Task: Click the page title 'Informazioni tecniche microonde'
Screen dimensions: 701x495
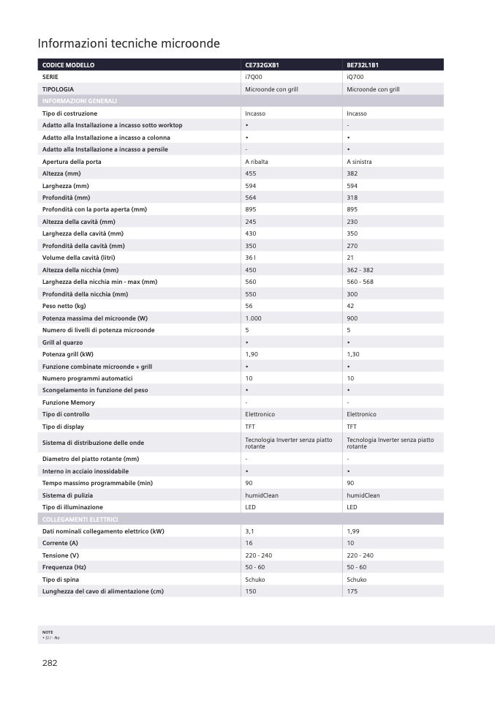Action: tap(129, 44)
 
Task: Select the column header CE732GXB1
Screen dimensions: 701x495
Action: tap(262, 65)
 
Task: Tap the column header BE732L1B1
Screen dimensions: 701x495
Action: tap(363, 65)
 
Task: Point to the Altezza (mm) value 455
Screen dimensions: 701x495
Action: tap(250, 173)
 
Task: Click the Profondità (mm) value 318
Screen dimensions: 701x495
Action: tap(352, 198)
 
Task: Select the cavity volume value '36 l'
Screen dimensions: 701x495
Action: tap(250, 258)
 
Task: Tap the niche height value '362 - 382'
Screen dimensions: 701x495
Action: tap(360, 270)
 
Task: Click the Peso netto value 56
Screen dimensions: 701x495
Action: tap(249, 306)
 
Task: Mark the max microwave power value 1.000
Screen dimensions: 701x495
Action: tap(252, 318)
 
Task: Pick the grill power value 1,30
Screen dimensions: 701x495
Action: tap(353, 354)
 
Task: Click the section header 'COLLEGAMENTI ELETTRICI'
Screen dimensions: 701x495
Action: tap(80, 519)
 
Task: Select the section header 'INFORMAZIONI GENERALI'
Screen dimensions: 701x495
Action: tap(80, 101)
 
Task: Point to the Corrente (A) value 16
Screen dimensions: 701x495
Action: tap(249, 543)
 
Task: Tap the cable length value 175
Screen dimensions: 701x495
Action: tap(352, 591)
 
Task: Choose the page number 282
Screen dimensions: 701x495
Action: tap(49, 663)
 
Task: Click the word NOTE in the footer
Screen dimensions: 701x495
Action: tap(48, 631)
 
